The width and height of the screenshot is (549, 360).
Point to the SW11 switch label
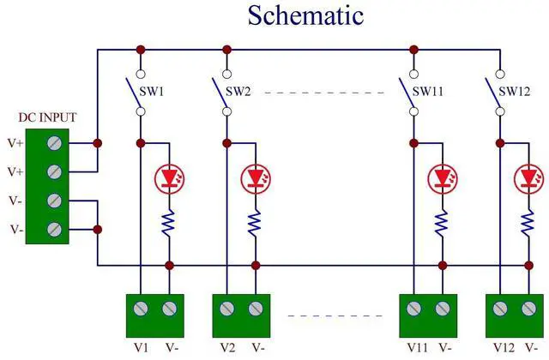428,89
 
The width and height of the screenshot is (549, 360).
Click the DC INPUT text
48,117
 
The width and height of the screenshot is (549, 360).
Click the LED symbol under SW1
169,177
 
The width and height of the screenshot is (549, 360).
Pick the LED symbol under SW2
255,177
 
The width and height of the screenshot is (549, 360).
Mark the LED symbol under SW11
442,177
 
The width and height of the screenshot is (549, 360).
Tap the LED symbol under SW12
527,177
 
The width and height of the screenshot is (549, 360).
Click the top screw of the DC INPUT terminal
55,142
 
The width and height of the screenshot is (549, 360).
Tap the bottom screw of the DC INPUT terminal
55,229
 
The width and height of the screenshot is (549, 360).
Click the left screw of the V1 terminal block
140,308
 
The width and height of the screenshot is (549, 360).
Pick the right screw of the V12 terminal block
527,308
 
